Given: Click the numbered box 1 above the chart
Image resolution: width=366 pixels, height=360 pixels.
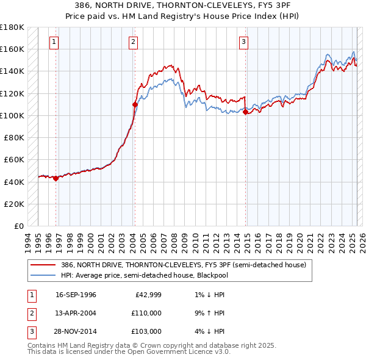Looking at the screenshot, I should (55, 42).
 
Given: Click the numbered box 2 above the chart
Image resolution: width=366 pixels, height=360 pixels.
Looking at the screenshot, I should (133, 42).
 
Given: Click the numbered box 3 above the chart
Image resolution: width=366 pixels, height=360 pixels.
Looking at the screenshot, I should (243, 42).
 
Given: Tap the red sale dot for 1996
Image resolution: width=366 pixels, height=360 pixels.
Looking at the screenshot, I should (56, 179).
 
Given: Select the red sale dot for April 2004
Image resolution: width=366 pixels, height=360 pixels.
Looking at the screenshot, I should (135, 104).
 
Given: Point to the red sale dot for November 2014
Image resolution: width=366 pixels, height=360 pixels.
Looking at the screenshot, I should (245, 112).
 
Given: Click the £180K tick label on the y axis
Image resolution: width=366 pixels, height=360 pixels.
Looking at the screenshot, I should (12, 27).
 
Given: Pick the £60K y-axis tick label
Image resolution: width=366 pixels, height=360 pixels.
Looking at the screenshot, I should (14, 160).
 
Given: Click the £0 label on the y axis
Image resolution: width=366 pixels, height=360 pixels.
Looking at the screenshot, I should (19, 226).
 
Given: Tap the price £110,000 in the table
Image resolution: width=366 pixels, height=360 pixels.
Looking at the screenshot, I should (146, 313).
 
